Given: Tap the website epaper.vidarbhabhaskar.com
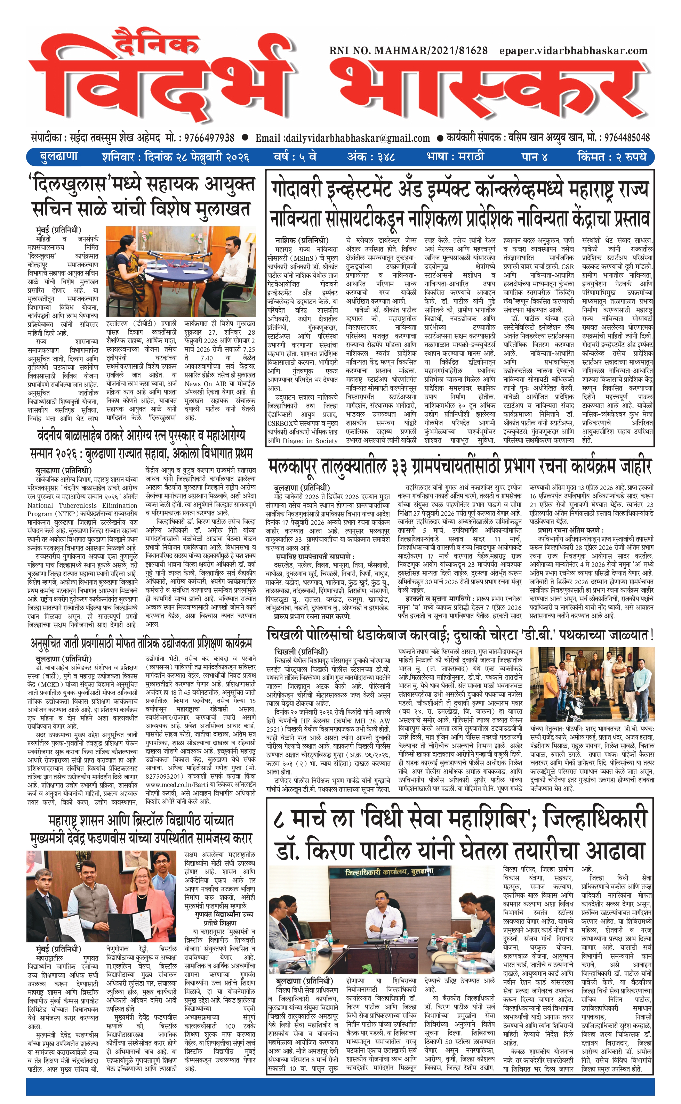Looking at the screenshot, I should point(573,51).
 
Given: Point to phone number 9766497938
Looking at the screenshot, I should point(206,138).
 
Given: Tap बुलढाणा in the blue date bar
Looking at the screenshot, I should point(58,157).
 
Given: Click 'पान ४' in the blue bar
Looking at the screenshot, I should point(534,157).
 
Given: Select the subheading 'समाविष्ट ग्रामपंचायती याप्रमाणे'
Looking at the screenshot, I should point(315,557).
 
